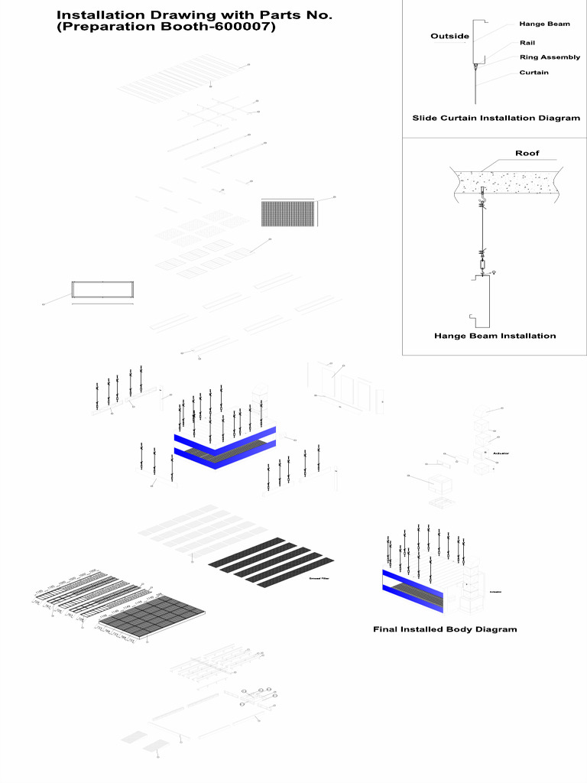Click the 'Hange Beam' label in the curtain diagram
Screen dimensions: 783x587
[544, 24]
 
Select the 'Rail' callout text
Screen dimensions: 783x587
[527, 43]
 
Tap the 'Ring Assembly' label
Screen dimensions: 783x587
[550, 57]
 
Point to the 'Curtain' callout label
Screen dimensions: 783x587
[533, 73]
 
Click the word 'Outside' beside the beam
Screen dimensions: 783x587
[449, 36]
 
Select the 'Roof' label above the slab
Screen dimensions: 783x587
[527, 153]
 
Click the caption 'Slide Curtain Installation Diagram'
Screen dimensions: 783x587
[496, 118]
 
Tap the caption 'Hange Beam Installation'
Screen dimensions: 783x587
[495, 336]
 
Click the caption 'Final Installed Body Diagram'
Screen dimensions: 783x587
[445, 629]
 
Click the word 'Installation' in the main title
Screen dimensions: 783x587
[102, 15]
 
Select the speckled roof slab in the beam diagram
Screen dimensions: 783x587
[504, 184]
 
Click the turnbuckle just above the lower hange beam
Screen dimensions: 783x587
[482, 265]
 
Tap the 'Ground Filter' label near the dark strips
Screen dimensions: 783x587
[319, 579]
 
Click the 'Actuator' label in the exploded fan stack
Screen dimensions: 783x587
[501, 453]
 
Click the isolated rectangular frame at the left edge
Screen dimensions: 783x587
[103, 290]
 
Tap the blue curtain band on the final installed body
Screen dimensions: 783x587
[411, 582]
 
